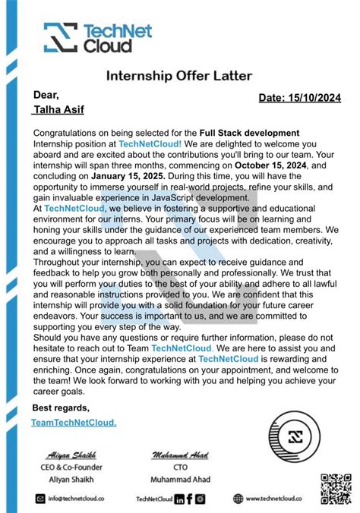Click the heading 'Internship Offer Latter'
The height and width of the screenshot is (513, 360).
pyautogui.click(x=179, y=76)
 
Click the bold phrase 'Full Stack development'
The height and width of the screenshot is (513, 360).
pyautogui.click(x=249, y=133)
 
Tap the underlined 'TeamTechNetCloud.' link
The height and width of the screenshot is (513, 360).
pyautogui.click(x=74, y=422)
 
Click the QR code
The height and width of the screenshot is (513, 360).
pyautogui.click(x=334, y=487)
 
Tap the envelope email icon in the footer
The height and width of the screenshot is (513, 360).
pyautogui.click(x=40, y=499)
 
